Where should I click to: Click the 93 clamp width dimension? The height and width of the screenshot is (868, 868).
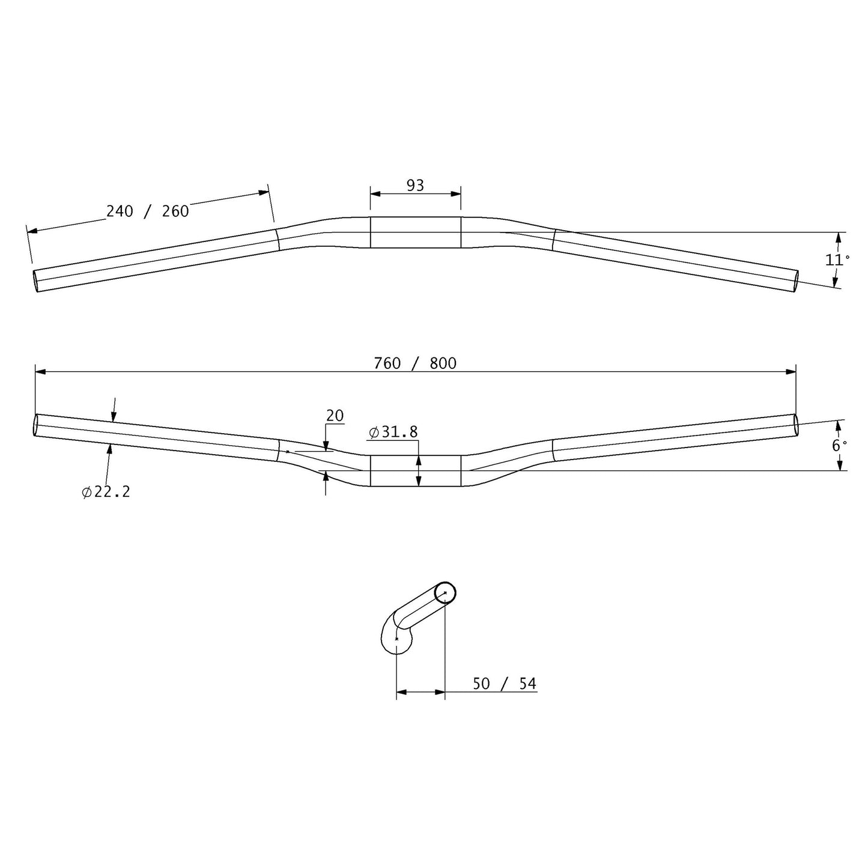coord(415,186)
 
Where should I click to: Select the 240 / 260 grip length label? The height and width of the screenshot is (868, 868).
coord(147,211)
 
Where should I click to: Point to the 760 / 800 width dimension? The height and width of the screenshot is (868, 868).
coord(415,363)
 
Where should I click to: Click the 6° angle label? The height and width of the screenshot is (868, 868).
coord(839,445)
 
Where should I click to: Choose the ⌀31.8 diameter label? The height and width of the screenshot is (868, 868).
coord(393,432)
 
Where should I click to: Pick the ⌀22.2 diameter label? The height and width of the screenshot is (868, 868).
coord(106,492)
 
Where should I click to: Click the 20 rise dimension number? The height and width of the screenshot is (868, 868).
coord(335,416)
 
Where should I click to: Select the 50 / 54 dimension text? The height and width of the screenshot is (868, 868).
coord(504,684)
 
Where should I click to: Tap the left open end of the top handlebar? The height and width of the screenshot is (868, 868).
coord(36,281)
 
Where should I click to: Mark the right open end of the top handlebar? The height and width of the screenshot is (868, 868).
coord(797,281)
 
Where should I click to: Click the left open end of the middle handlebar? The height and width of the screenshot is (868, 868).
coord(35,425)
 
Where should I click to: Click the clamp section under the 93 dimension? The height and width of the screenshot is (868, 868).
coord(415,232)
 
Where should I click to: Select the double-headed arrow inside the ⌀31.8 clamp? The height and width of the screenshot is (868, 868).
coord(419,470)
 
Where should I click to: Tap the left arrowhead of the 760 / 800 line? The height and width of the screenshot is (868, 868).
coord(40,372)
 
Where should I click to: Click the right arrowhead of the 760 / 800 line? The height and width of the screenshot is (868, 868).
coord(791,372)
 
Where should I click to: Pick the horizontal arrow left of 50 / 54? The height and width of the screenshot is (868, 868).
coord(420,692)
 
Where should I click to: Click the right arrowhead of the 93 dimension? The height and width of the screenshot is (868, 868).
coord(456,193)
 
